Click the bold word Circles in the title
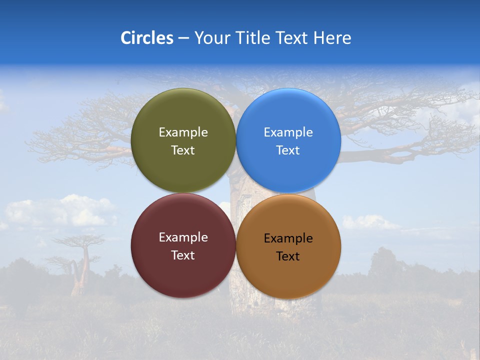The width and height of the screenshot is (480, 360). click(147, 38)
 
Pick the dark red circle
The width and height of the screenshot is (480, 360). click(183, 272)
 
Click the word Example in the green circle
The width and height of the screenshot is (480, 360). click(183, 132)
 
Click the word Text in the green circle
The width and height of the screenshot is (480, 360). click(183, 150)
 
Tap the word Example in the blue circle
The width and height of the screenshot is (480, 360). click(288, 132)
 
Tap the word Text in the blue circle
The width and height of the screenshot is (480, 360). click(288, 150)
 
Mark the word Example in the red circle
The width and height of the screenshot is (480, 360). click(183, 237)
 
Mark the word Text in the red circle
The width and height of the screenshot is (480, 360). click(183, 255)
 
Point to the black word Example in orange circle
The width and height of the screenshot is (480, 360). click(288, 238)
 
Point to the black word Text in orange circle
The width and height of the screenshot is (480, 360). click(288, 256)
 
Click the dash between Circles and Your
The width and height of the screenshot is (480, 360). click(183, 38)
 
